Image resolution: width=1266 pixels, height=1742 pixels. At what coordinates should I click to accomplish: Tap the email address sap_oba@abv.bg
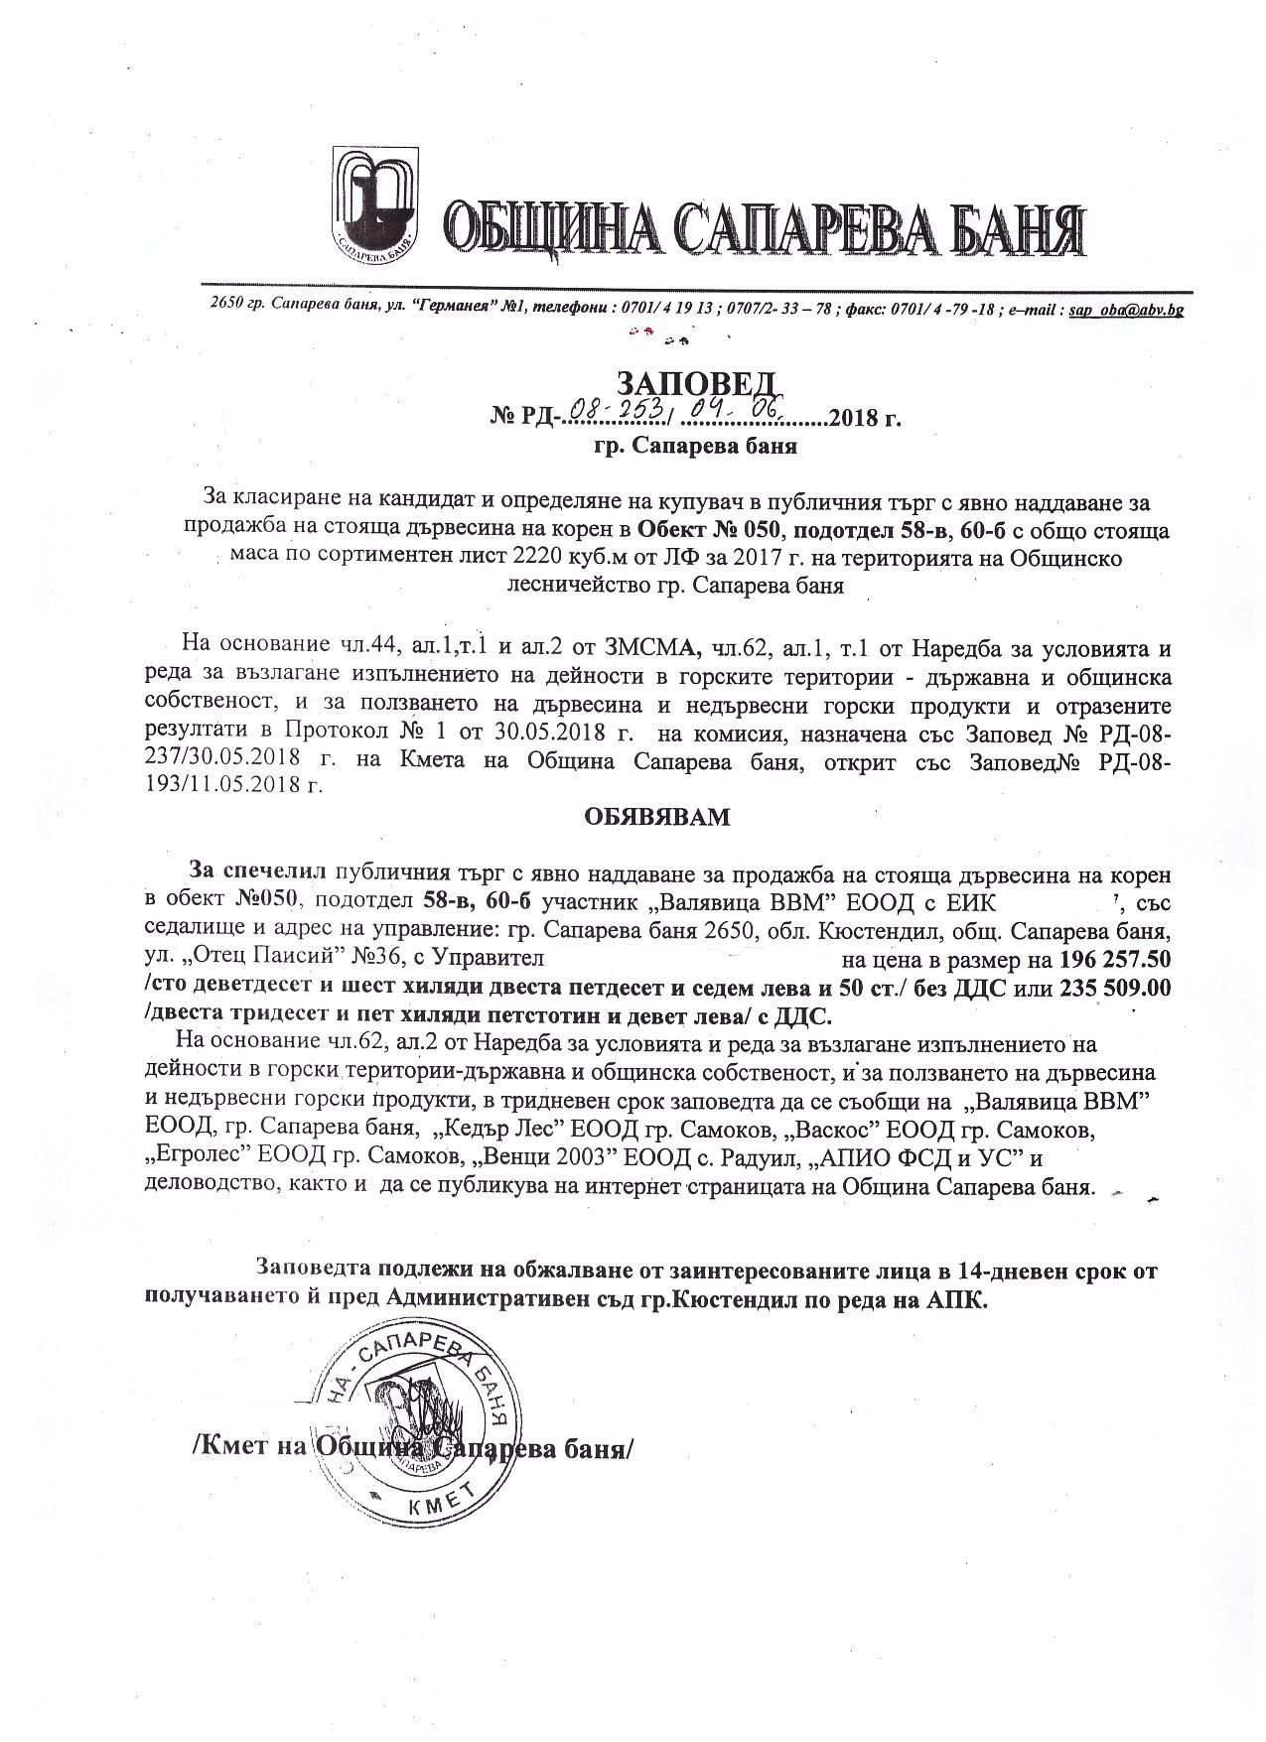click(x=1126, y=310)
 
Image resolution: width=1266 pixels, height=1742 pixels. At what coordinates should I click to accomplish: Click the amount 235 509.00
click(x=1116, y=989)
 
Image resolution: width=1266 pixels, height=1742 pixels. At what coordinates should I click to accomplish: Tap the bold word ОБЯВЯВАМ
click(x=655, y=817)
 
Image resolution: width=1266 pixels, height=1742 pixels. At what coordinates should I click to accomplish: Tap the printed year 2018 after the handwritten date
click(x=855, y=417)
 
